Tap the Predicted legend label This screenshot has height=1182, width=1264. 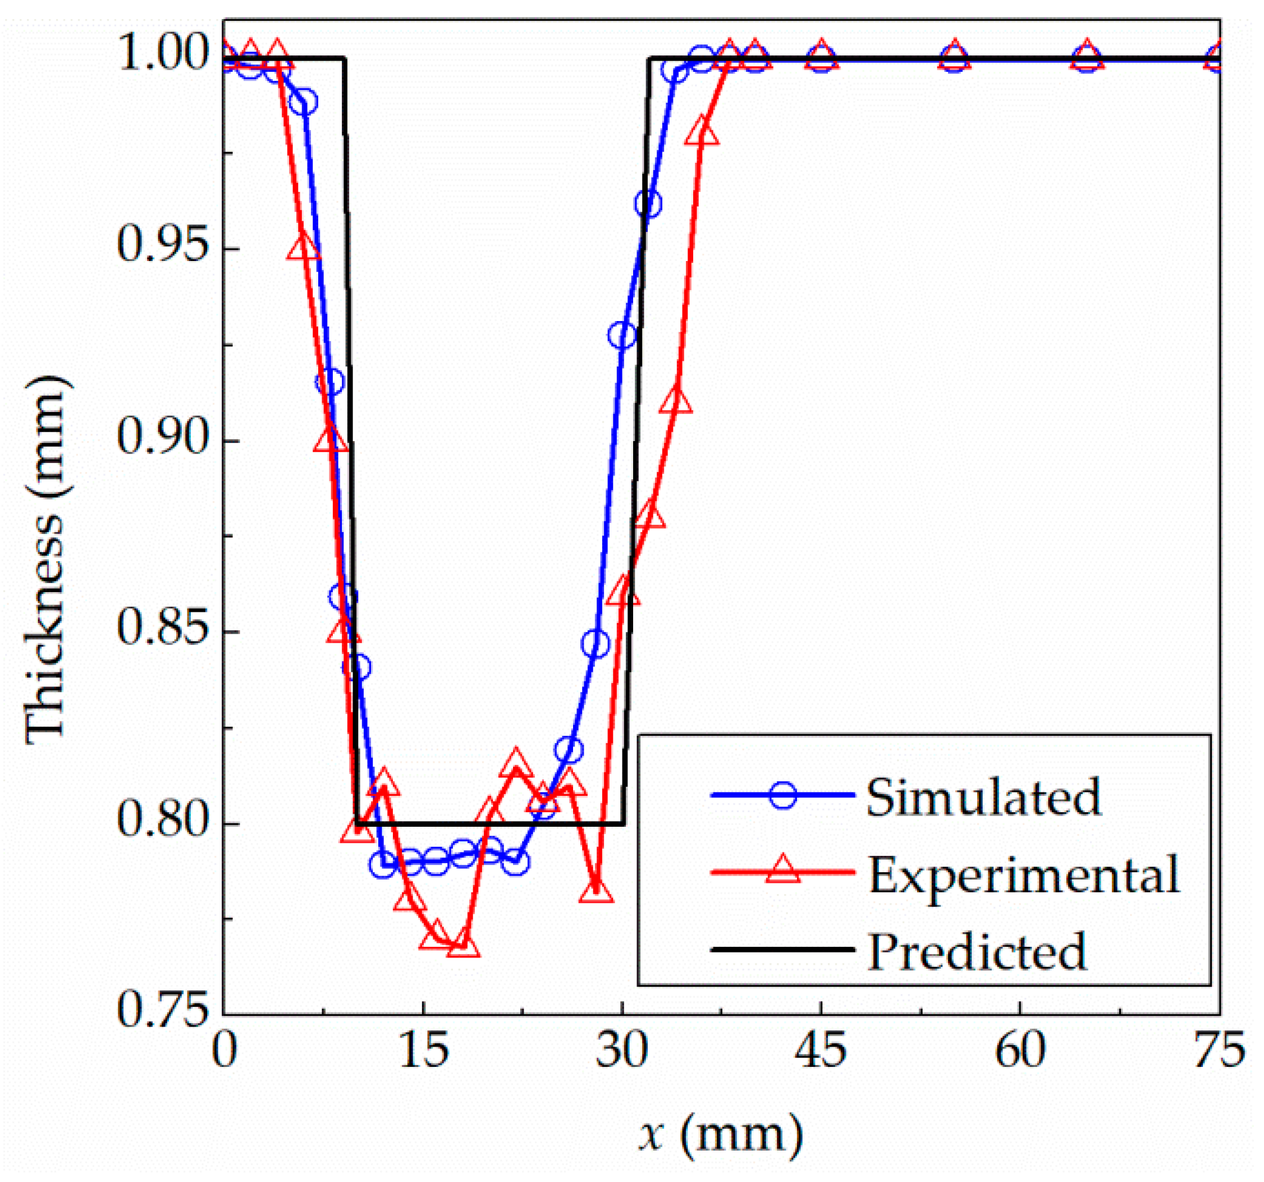point(977,951)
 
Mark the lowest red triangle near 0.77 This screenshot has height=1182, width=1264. point(463,946)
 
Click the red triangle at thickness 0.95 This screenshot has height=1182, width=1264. point(303,249)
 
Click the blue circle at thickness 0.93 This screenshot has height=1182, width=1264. point(622,335)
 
